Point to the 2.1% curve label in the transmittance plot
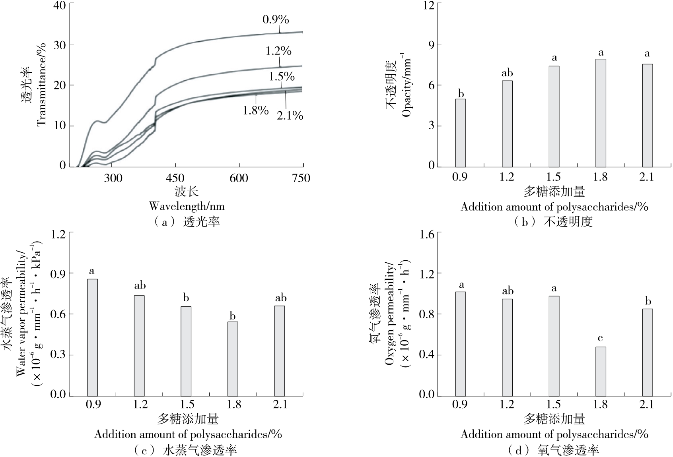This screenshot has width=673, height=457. tap(290, 116)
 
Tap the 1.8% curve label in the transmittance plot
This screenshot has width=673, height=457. tap(256, 110)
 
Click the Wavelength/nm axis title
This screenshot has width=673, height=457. tap(187, 206)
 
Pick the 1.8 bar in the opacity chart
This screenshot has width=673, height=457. tap(601, 113)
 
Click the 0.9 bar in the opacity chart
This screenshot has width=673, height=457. tap(461, 133)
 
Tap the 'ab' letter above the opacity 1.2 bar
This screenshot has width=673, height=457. tap(507, 73)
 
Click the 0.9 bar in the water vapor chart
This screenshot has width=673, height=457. tap(92, 337)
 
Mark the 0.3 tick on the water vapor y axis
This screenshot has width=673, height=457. tap(58, 354)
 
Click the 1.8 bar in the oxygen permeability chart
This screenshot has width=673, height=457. tap(601, 371)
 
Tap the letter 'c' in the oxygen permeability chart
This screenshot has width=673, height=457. tap(601, 339)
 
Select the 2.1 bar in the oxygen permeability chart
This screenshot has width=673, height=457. tap(647, 352)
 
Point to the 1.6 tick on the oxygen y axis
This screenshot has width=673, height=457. tap(428, 234)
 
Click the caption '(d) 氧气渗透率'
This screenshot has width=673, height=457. tap(554, 450)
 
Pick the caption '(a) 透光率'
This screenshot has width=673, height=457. tap(187, 221)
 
